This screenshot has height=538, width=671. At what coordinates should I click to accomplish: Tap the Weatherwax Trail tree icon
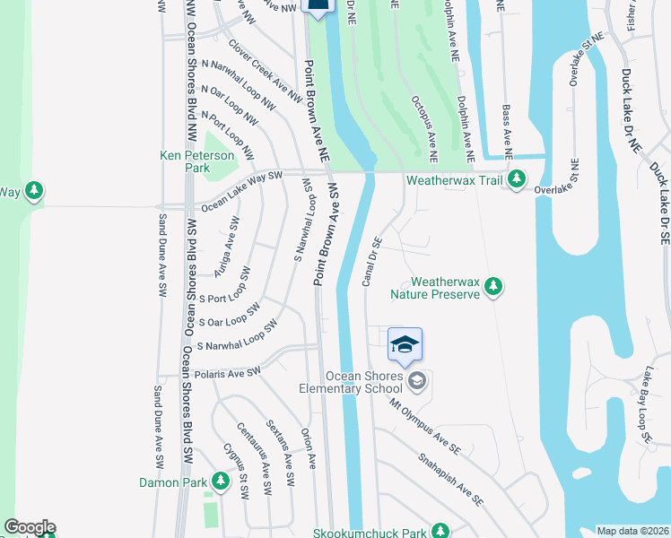517,180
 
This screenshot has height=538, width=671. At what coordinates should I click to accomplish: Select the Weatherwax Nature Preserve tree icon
492,287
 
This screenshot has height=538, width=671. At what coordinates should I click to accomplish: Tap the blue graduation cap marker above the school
405,346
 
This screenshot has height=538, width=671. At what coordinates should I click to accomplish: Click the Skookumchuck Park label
370,533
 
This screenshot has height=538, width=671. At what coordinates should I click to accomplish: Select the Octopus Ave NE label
423,125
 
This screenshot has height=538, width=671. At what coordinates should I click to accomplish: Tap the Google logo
30,527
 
